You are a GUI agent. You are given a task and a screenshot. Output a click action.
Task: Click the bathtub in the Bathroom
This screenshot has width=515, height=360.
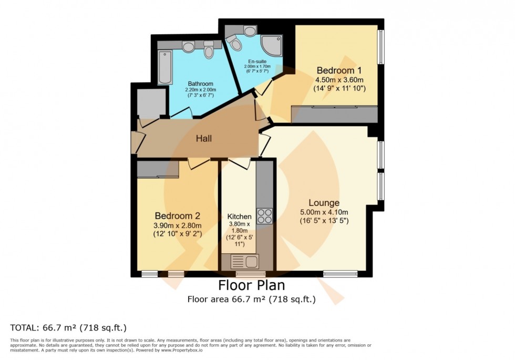pos(165,67)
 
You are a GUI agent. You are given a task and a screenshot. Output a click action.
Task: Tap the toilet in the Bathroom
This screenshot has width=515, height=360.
pos(209,50)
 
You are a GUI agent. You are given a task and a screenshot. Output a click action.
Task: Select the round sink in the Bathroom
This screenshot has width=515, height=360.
pos(188,47)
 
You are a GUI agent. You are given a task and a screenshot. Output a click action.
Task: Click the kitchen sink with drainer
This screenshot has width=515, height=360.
pos(245,261)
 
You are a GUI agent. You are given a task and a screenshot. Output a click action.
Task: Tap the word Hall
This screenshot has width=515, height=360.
pos(204,139)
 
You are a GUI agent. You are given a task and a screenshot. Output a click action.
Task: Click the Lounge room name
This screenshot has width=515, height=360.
pos(324,203)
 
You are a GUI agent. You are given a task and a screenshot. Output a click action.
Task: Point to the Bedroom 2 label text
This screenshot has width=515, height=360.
pos(177,216)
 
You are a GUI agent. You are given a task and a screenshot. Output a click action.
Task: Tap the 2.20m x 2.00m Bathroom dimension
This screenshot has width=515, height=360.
pos(200,90)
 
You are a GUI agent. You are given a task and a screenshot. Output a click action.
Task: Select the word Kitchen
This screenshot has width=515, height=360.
pos(240,217)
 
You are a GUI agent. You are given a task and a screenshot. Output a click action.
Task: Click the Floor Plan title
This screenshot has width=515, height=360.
pos(251,286)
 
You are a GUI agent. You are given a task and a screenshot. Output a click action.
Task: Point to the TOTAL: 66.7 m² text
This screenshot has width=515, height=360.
pos(68,328)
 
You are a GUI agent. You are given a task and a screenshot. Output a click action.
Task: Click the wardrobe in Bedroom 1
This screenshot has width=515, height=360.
pos(334,115)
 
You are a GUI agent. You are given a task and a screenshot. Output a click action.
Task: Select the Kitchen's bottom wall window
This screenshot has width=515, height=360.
pos(250,274)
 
